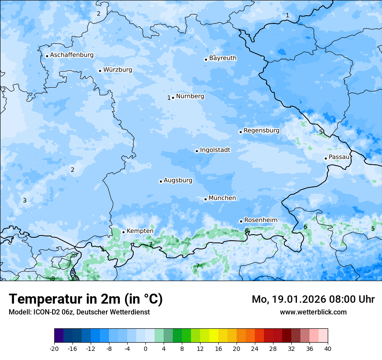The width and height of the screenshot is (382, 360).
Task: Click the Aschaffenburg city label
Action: [72, 55]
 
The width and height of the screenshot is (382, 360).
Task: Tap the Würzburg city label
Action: [118, 70]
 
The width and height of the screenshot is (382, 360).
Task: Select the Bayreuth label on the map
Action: [223, 58]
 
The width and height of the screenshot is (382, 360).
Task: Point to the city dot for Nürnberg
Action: [173, 98]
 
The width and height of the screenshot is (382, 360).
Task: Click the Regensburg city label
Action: [261, 131]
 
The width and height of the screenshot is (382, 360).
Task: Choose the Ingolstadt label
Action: [215, 150]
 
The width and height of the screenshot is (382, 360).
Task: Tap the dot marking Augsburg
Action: [161, 181]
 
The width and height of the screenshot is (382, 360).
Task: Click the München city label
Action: [222, 198]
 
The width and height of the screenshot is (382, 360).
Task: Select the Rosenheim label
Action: [260, 220]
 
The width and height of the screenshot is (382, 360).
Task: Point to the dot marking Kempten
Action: [123, 232]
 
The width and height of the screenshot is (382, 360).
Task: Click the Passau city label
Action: [339, 157]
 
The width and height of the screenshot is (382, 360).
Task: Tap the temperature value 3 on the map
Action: [25, 200]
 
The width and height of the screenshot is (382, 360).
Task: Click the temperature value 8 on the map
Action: [53, 278]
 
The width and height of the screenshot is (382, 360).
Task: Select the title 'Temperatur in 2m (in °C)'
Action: [86, 299]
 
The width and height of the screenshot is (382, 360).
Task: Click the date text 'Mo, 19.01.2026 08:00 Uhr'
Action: [313, 299]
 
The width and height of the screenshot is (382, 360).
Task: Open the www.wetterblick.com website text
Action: [313, 312]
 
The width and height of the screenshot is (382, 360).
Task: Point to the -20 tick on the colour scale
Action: [54, 348]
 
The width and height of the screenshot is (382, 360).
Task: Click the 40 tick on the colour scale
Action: [328, 348]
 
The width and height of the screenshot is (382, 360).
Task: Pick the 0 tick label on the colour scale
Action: [145, 348]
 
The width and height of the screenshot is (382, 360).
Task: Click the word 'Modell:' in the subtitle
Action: [19, 312]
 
